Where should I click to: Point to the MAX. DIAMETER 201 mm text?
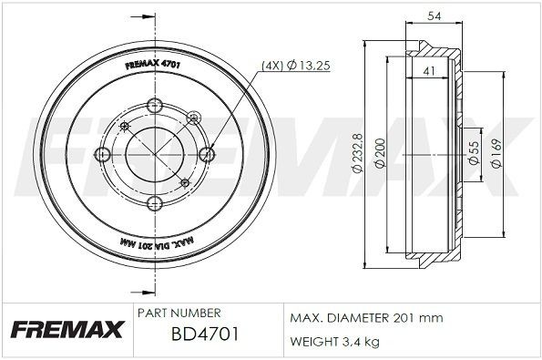(365, 317)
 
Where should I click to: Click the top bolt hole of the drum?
(152, 102)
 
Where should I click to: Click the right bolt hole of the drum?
(206, 155)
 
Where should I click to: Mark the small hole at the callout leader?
(192, 117)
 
